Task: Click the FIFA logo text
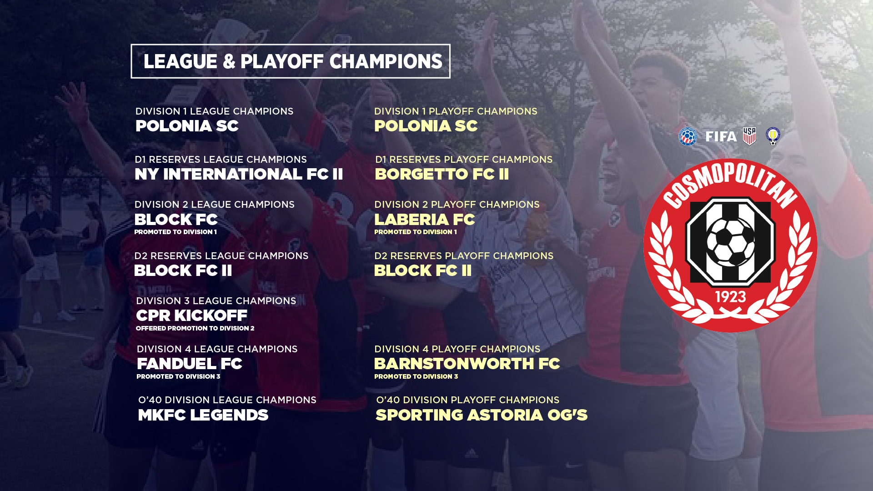pos(721,136)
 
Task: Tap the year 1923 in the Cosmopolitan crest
pos(731,297)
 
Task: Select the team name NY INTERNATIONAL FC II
pos(239,174)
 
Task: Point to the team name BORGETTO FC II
pos(442,174)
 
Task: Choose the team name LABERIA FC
pos(425,220)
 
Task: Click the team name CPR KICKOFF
pos(191,316)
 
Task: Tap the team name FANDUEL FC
pos(190,364)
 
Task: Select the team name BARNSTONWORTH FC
pos(467,364)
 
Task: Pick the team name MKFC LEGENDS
pos(203,415)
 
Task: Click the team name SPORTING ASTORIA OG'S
pos(482,415)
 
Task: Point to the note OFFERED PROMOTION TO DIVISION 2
pos(195,328)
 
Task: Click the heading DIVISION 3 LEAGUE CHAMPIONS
pos(216,301)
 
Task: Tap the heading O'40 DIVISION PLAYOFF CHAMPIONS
pos(467,400)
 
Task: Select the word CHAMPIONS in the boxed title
pos(386,62)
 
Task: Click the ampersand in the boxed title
pos(229,62)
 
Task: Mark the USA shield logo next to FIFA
pos(749,136)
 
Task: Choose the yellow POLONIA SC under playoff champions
pos(426,126)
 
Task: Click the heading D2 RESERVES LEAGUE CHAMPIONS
pos(221,256)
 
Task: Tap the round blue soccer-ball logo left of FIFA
pos(688,136)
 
